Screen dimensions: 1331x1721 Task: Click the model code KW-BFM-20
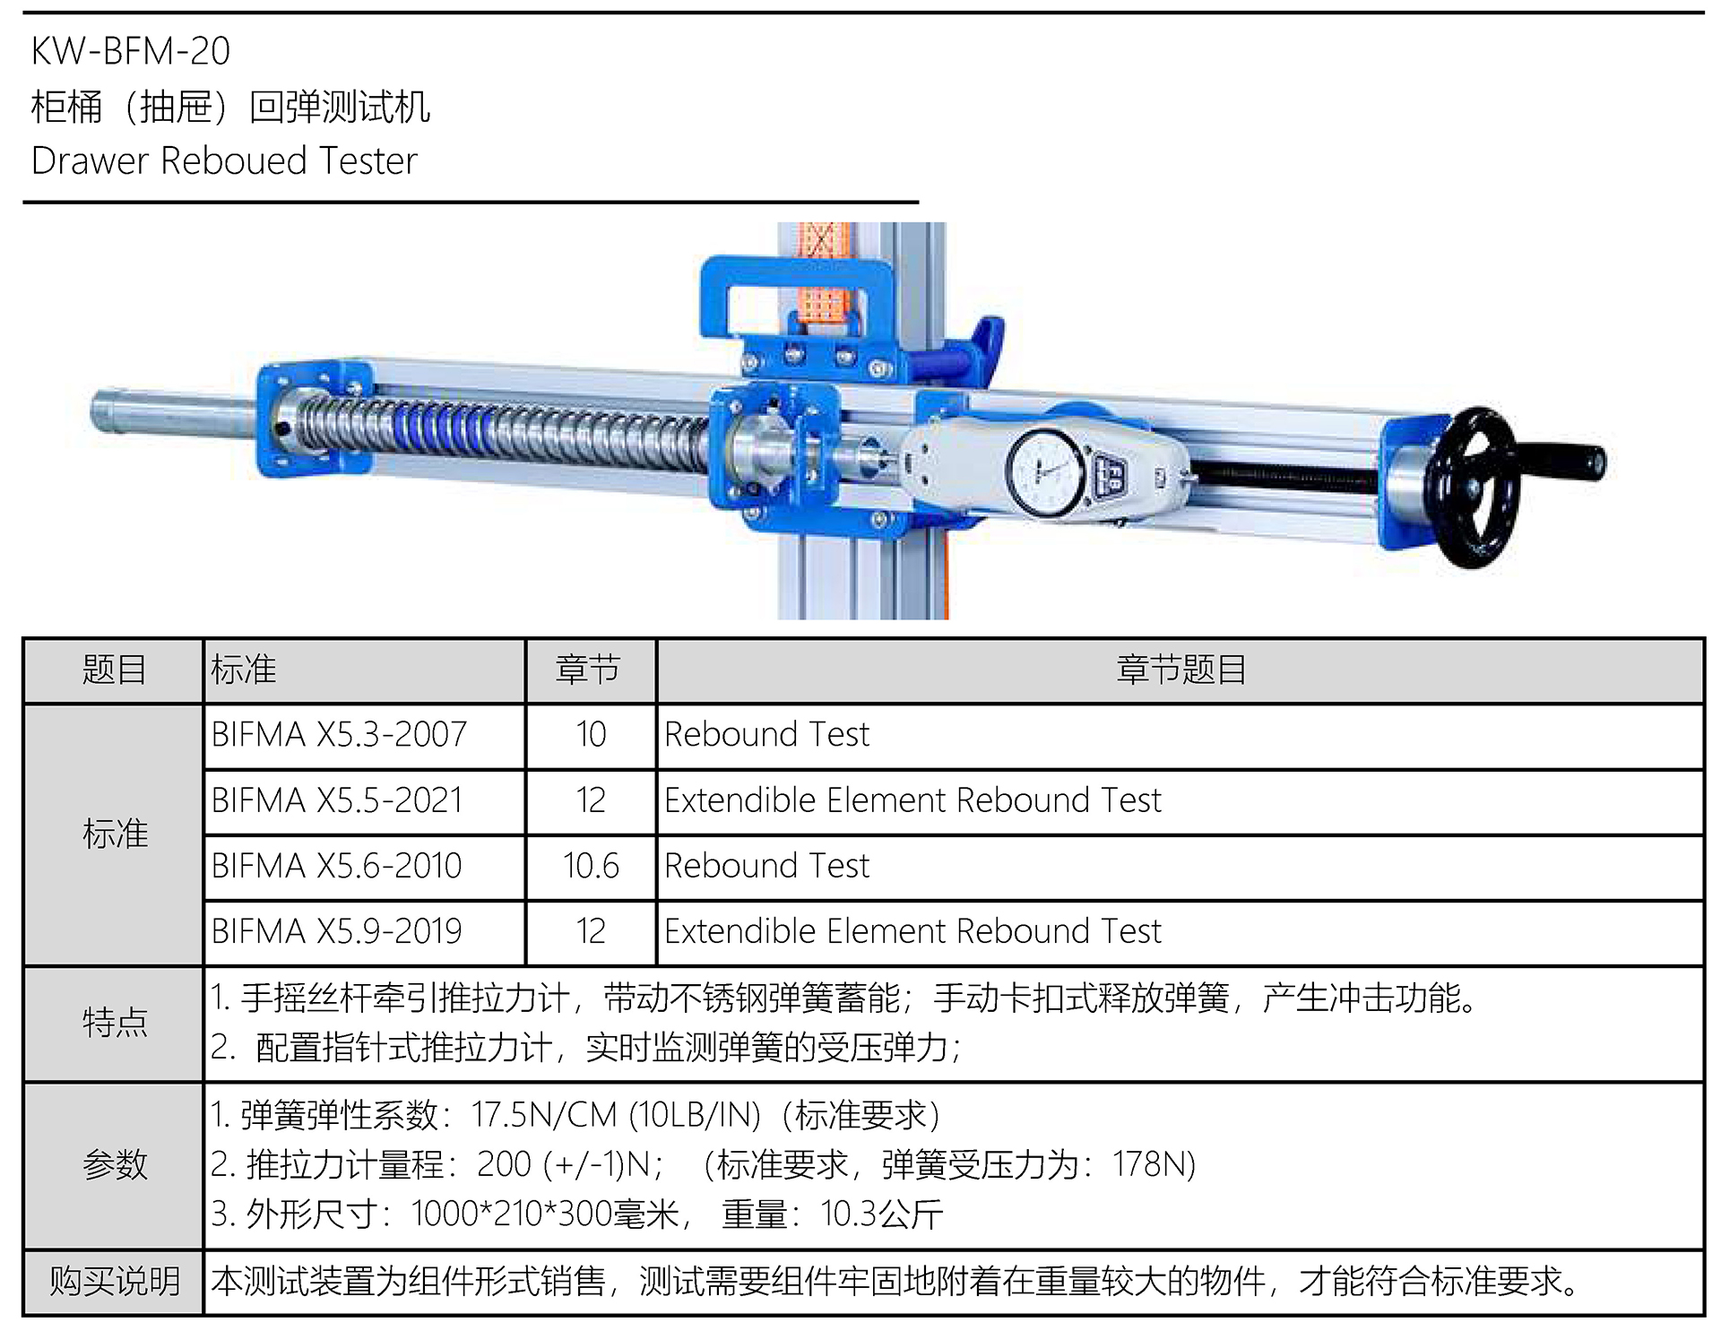click(x=131, y=51)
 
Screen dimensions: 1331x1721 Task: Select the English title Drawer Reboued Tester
click(x=224, y=161)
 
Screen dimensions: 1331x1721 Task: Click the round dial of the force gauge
click(x=1045, y=472)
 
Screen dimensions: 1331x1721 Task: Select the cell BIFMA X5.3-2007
click(x=339, y=735)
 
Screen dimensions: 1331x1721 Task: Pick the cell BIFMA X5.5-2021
click(x=337, y=800)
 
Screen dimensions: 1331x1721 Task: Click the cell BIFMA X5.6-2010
click(x=336, y=866)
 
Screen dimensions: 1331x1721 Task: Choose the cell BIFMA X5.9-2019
click(x=336, y=931)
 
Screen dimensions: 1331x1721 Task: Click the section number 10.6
click(x=591, y=866)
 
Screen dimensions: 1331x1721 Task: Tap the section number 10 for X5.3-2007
click(x=591, y=735)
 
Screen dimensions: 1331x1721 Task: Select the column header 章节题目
click(x=1180, y=670)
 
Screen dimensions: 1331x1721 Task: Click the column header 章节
click(x=588, y=670)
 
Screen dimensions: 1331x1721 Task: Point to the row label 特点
click(x=115, y=1022)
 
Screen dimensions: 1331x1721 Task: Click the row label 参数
click(x=115, y=1164)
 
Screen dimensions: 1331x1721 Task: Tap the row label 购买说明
click(x=115, y=1281)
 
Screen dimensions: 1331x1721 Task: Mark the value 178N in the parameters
click(x=1151, y=1164)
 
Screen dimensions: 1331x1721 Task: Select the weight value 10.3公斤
click(x=881, y=1214)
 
